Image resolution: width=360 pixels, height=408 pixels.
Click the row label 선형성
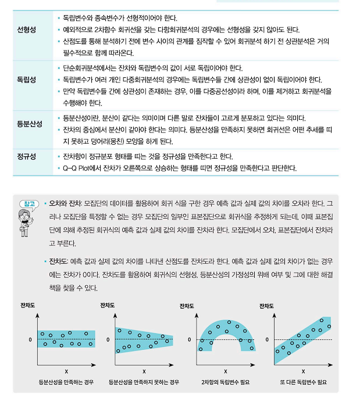click(x=27, y=30)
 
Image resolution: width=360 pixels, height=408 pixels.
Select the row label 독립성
click(x=27, y=79)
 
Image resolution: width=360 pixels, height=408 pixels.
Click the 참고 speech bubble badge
click(x=27, y=204)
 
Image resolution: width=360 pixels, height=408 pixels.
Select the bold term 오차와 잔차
click(x=65, y=205)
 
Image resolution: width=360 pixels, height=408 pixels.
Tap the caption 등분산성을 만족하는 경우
click(x=66, y=382)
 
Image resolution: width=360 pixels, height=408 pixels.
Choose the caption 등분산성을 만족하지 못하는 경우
click(x=144, y=382)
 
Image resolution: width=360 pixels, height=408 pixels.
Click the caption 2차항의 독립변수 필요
click(x=225, y=382)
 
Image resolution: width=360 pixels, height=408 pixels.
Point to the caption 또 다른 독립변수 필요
click(x=304, y=382)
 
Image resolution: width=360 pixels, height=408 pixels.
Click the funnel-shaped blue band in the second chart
click(x=144, y=339)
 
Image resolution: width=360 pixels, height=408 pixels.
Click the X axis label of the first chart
click(x=66, y=371)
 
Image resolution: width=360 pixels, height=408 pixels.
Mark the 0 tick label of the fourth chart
click(x=268, y=339)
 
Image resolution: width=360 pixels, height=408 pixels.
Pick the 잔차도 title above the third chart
click(x=187, y=306)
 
